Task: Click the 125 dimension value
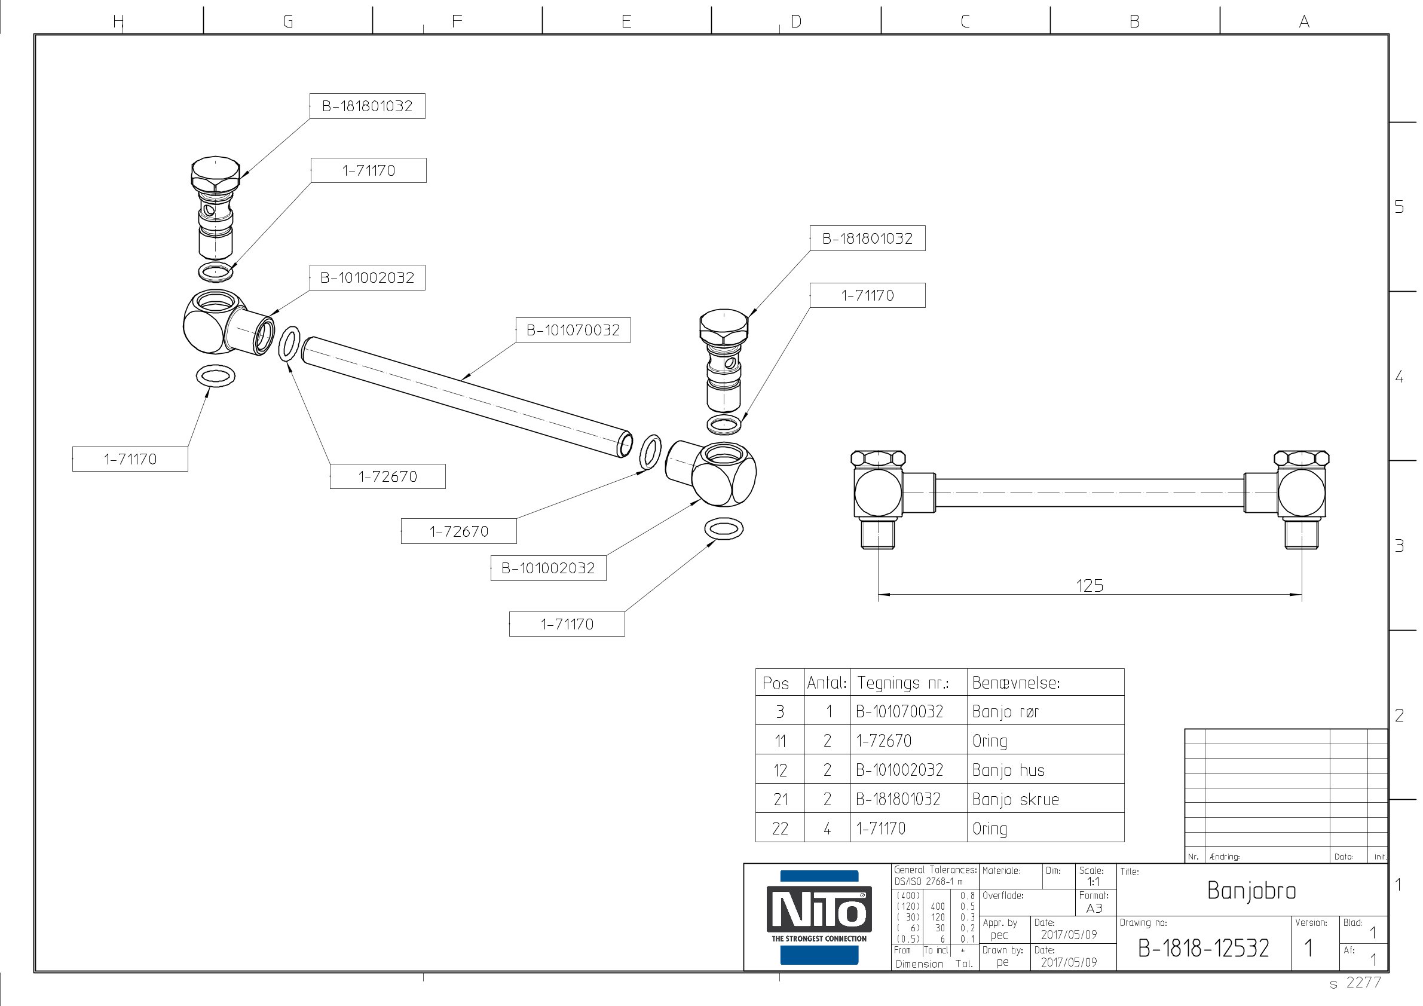click(1089, 586)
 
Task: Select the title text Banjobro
click(1251, 891)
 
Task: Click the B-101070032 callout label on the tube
click(573, 330)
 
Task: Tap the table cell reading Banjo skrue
click(1015, 799)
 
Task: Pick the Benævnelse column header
click(1016, 683)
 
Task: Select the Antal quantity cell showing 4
click(827, 828)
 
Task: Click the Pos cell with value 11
click(780, 741)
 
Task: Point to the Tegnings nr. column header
click(902, 683)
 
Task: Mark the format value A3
click(1094, 908)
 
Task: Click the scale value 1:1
click(1093, 882)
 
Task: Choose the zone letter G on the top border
click(287, 22)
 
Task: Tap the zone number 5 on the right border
click(1399, 206)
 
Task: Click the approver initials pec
click(999, 935)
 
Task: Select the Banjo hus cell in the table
click(1008, 770)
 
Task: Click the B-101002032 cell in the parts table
click(899, 770)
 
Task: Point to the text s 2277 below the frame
click(1355, 983)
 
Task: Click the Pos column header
click(775, 683)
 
